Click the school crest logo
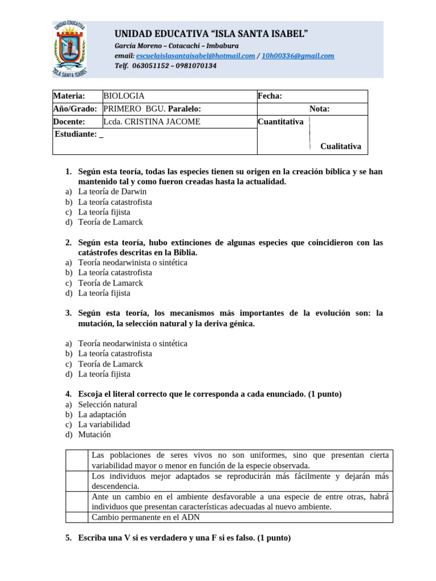click(70, 49)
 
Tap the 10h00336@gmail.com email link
click(297, 56)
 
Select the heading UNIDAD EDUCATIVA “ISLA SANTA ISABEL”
click(212, 34)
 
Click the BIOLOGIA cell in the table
click(124, 96)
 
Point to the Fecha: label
click(270, 96)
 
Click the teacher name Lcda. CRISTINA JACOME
click(152, 122)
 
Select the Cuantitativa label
click(280, 122)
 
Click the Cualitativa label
click(340, 146)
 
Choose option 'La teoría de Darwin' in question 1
click(112, 192)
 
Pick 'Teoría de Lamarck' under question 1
click(110, 222)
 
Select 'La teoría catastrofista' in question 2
click(115, 273)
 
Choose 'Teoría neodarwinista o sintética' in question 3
click(132, 344)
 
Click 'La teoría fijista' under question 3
click(104, 374)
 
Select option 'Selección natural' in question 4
click(107, 405)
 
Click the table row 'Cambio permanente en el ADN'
click(145, 517)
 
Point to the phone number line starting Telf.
click(165, 66)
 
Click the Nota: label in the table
click(319, 109)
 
